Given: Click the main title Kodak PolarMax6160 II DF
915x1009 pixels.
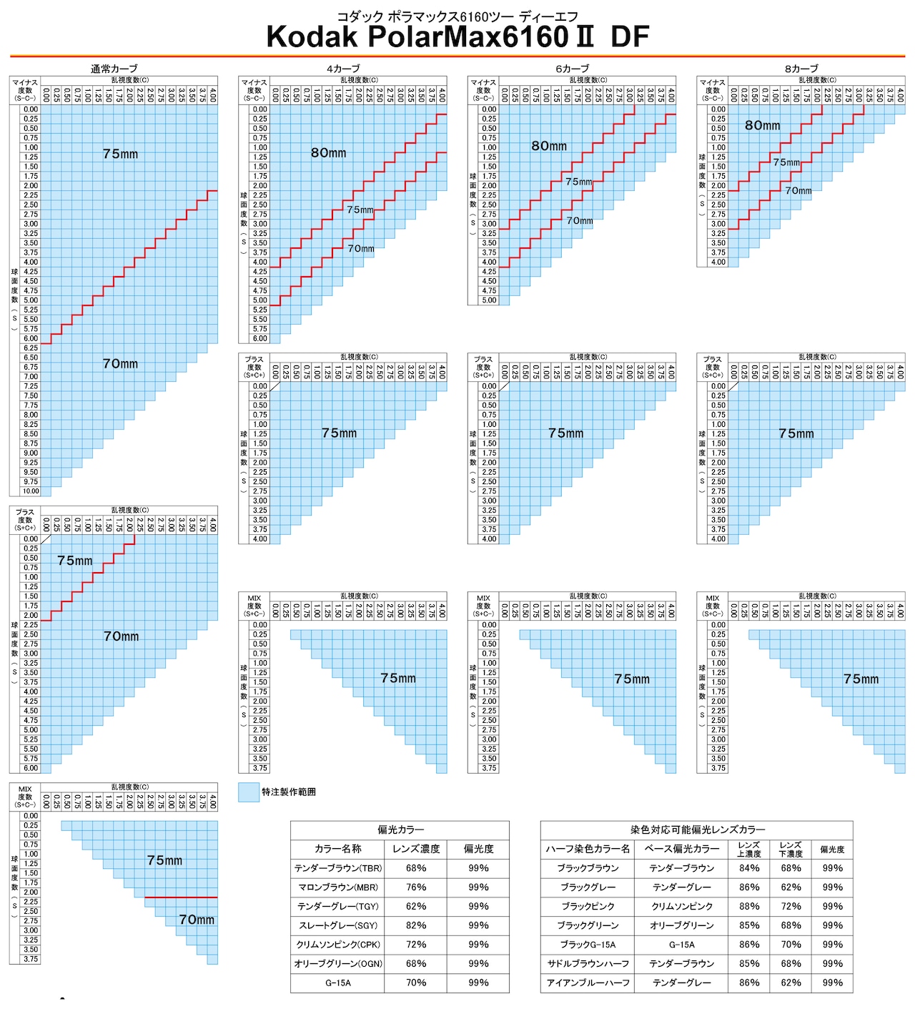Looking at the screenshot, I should click(457, 37).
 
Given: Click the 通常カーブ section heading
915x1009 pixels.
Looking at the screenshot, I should click(114, 69).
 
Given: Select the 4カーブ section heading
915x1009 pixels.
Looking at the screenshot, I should click(343, 69).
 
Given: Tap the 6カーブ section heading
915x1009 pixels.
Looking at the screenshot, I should click(572, 69).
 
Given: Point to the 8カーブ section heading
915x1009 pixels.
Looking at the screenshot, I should click(801, 69).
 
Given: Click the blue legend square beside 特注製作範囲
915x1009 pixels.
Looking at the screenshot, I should click(249, 792).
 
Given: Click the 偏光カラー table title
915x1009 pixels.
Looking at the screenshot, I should click(400, 830).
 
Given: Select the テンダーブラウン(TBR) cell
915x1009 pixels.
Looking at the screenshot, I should click(338, 868).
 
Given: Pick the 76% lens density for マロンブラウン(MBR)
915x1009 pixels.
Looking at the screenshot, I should click(416, 887).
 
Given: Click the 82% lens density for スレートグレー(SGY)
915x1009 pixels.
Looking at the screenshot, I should click(416, 925).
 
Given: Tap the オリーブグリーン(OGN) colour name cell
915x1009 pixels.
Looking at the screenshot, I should click(338, 964).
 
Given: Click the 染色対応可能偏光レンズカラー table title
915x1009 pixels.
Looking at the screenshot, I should click(697, 830).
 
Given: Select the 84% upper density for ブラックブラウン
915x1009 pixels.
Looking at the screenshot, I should click(749, 868).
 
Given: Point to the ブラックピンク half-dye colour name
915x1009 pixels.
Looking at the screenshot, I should click(588, 906).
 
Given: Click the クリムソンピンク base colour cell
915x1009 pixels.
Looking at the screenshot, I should click(682, 906).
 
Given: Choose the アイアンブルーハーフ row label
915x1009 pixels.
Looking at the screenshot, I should click(588, 983).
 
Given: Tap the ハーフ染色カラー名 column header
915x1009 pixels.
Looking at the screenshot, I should click(588, 849).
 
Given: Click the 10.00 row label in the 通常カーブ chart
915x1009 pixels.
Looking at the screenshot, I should click(31, 491).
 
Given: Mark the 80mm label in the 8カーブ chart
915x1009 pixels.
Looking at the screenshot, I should click(763, 125).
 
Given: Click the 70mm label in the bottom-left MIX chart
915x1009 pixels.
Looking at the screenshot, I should click(197, 920).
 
